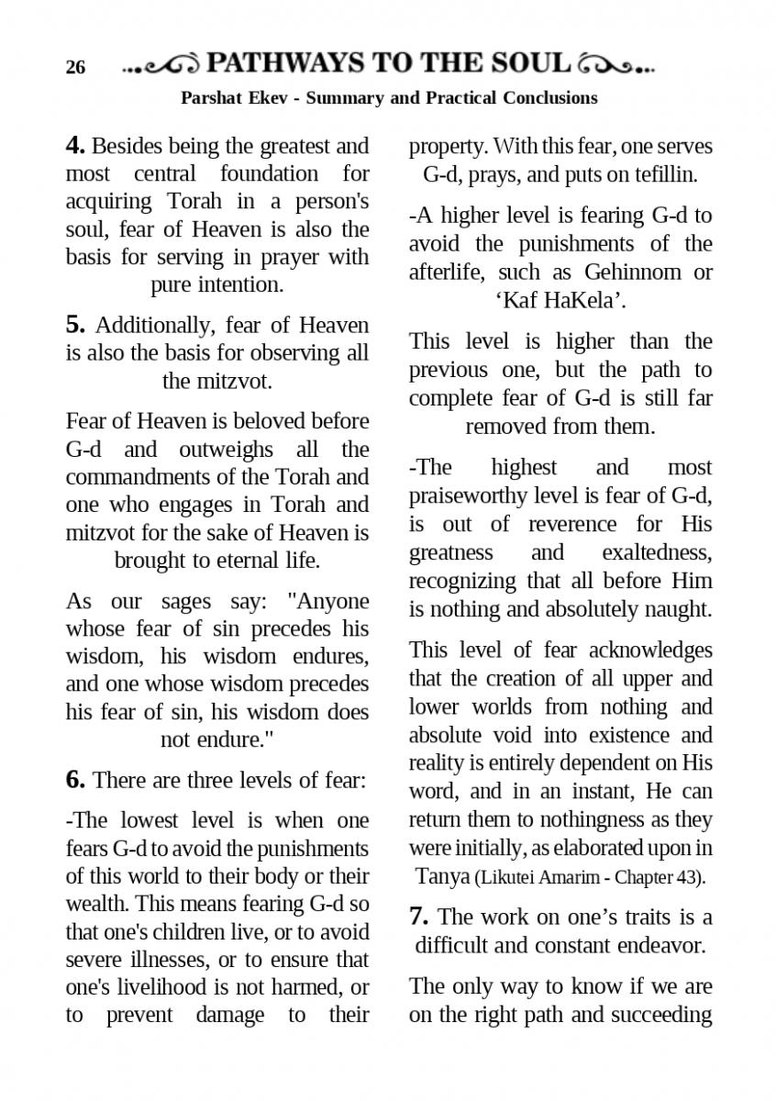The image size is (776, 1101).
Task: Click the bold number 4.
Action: click(75, 146)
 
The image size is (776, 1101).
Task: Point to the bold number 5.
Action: click(75, 325)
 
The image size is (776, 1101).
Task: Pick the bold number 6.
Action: click(75, 780)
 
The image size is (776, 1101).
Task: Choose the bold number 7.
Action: click(419, 917)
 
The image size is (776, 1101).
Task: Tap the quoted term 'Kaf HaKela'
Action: click(560, 300)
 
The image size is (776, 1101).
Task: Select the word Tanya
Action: click(444, 876)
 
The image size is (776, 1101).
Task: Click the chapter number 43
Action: click(686, 877)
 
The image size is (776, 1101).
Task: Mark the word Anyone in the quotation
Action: click(328, 602)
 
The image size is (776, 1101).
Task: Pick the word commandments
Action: click(133, 477)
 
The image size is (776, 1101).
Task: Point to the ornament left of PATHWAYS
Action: click(161, 64)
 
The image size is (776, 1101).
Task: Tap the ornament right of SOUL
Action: click(616, 64)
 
